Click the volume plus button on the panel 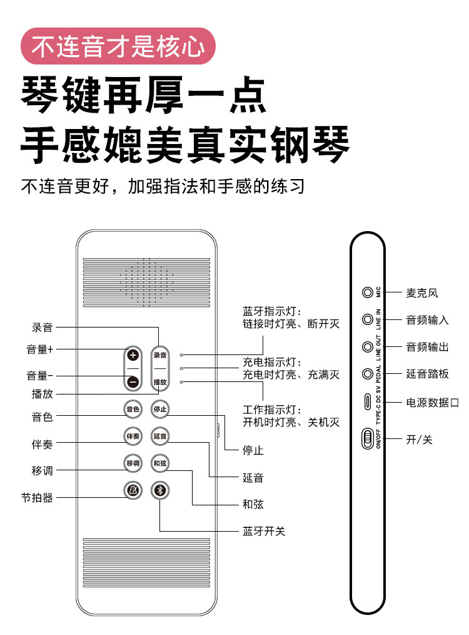pos(133,355)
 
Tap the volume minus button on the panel pos(133,382)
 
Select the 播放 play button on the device pos(160,382)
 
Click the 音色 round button pos(133,410)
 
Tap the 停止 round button pos(160,410)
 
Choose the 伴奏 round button pos(133,436)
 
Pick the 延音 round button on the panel pos(160,436)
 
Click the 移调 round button pos(133,463)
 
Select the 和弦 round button pos(160,463)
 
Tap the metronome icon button pos(133,491)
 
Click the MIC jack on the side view pos(367,292)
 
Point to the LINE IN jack pos(367,319)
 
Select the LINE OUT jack pos(367,346)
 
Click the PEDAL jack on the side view pos(367,374)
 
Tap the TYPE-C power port pos(367,401)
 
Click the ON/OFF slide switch pos(367,439)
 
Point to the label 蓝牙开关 pos(264,531)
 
